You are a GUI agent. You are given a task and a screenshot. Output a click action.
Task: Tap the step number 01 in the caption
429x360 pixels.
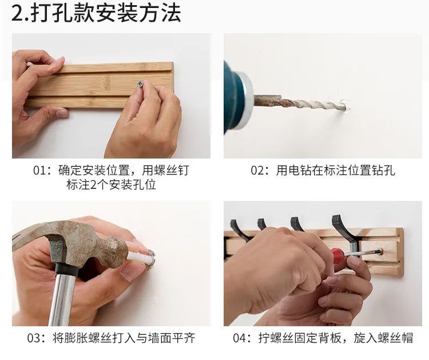click(41, 171)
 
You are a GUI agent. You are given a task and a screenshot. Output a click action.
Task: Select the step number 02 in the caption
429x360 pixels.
click(258, 171)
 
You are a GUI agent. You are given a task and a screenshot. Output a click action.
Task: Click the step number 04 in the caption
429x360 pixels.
click(240, 338)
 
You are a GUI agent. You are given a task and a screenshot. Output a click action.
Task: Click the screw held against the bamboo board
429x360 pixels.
click(139, 84)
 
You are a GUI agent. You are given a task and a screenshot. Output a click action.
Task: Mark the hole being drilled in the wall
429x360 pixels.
click(343, 105)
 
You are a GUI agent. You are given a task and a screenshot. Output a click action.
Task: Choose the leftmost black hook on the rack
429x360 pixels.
click(237, 229)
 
